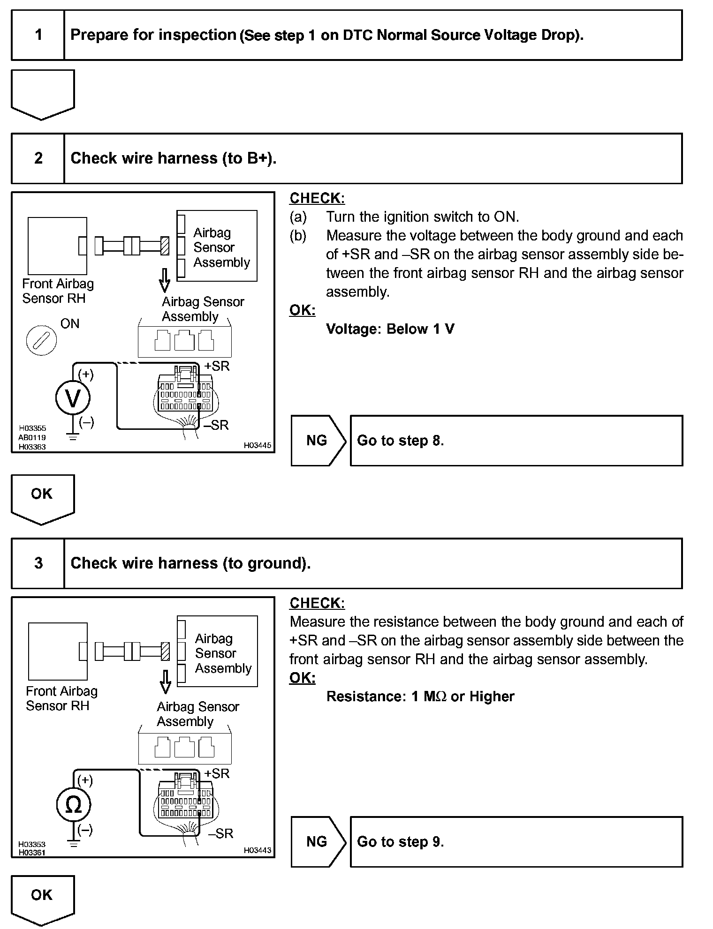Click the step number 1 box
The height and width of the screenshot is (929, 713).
[38, 35]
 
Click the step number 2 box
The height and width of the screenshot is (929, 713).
[38, 158]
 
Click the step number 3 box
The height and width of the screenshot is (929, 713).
[38, 563]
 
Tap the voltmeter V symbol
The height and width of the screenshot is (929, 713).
[73, 398]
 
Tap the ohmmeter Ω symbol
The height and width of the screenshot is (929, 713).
[73, 805]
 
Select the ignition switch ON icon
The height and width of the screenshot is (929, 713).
[41, 340]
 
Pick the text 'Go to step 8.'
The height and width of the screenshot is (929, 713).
[400, 441]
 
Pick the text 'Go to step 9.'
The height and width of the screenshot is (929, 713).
[400, 842]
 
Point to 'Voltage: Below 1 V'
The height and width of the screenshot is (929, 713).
[390, 329]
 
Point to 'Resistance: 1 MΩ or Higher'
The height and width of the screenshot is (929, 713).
[420, 697]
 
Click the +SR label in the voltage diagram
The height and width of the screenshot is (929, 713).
[217, 366]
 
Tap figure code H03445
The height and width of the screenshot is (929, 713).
[257, 446]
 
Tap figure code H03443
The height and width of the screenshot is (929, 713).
[257, 850]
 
